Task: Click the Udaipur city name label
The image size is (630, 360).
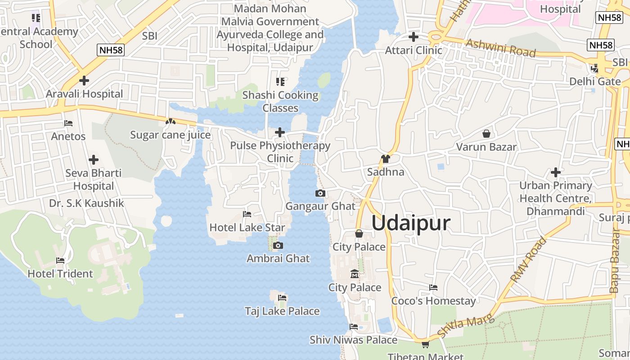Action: click(411, 223)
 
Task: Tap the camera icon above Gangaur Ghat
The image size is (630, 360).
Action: click(320, 193)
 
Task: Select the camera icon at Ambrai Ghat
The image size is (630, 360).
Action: click(278, 245)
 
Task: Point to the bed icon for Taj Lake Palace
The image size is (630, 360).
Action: click(282, 298)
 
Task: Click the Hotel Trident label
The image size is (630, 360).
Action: click(60, 274)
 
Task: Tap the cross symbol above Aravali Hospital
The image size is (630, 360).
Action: click(84, 81)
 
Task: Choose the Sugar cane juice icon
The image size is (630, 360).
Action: click(170, 121)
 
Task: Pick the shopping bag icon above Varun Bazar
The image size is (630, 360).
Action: click(486, 134)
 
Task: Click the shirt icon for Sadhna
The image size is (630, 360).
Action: click(385, 159)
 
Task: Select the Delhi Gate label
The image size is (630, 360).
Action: click(595, 81)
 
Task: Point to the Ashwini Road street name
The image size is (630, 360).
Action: click(500, 48)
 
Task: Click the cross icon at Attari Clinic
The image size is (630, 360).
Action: click(413, 37)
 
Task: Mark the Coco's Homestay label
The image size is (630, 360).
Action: click(433, 301)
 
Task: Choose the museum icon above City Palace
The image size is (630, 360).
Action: click(355, 274)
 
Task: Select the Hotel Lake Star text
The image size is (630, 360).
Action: click(247, 227)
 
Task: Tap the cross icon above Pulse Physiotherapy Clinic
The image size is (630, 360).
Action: click(280, 132)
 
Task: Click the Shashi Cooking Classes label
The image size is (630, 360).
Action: click(280, 101)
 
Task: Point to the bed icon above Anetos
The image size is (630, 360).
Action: click(68, 123)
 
